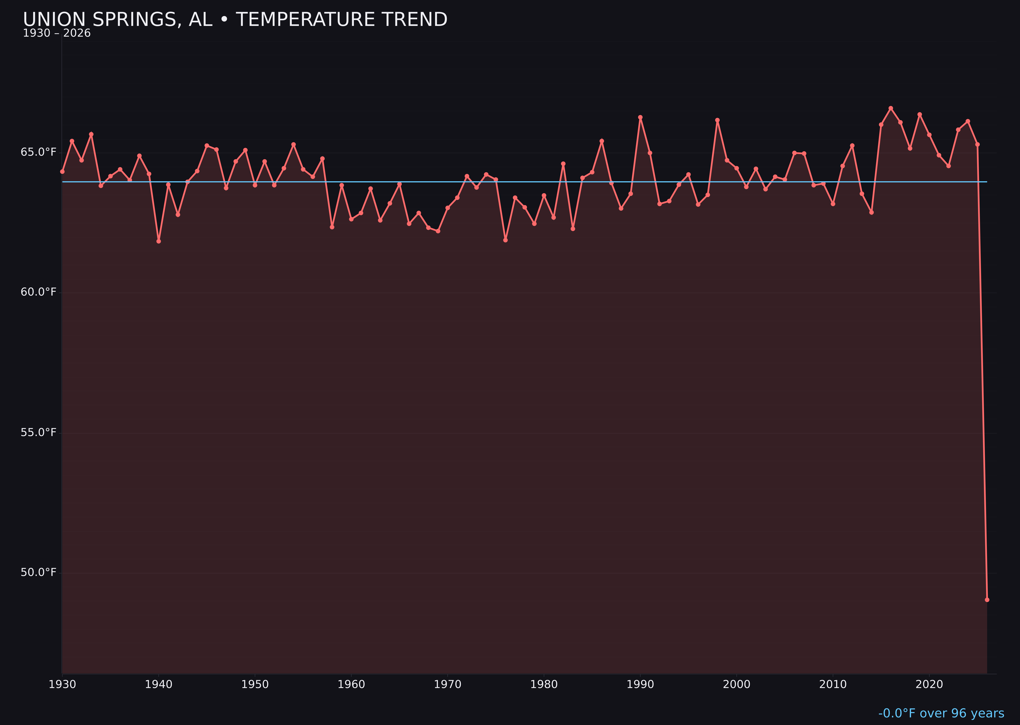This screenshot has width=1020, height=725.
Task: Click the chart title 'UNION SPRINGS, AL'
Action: pyautogui.click(x=235, y=20)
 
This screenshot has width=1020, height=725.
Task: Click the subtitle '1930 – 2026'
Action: pyautogui.click(x=57, y=33)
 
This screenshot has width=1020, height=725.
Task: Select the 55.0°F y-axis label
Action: pyautogui.click(x=39, y=433)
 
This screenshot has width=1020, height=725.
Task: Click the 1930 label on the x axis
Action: pyautogui.click(x=62, y=684)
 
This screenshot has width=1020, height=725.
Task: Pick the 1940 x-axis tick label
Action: pyautogui.click(x=159, y=684)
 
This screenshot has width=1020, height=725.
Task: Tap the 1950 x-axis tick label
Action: pyautogui.click(x=255, y=684)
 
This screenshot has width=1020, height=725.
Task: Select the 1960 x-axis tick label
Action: pyautogui.click(x=351, y=684)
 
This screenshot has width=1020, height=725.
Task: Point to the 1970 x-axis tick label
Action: pyautogui.click(x=448, y=684)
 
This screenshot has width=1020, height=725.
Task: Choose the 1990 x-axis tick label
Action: pyautogui.click(x=640, y=684)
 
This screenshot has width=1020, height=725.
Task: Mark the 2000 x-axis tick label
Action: pyautogui.click(x=736, y=684)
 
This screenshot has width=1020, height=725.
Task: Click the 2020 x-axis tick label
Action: pyautogui.click(x=929, y=684)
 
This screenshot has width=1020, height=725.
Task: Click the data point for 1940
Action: pyautogui.click(x=159, y=241)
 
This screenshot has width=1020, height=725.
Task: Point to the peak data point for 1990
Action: pyautogui.click(x=640, y=118)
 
